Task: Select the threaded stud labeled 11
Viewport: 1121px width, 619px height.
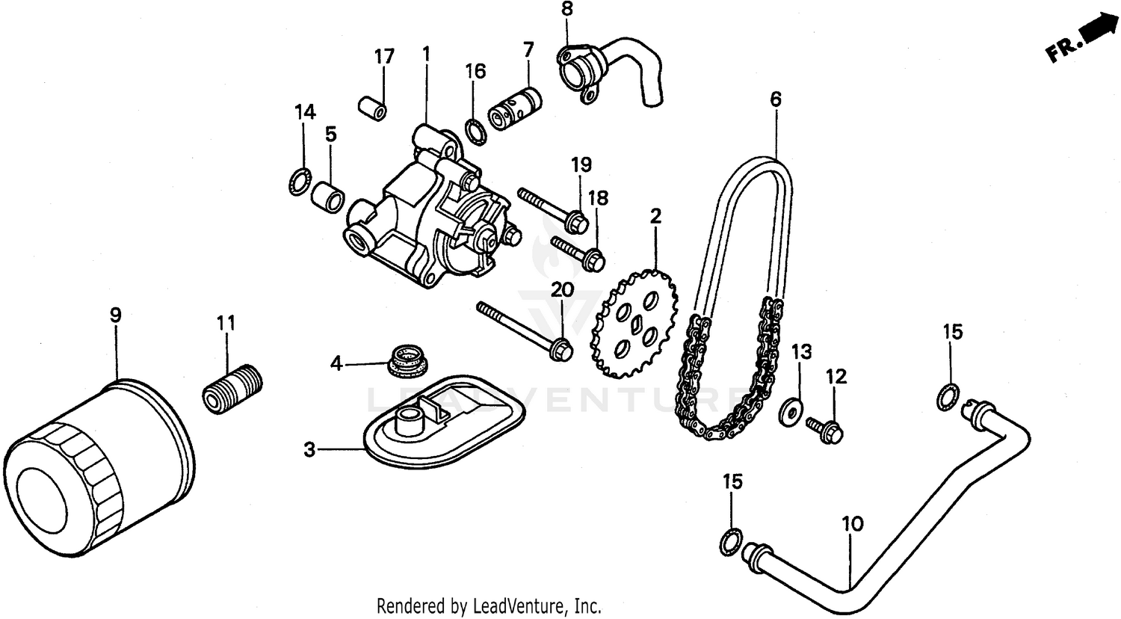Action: (x=232, y=388)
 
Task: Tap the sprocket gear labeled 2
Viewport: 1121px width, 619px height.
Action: (x=635, y=324)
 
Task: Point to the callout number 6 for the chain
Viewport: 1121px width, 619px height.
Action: (x=776, y=99)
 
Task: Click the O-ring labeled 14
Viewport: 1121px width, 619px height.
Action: (x=300, y=181)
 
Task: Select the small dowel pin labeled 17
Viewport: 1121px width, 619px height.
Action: (x=373, y=107)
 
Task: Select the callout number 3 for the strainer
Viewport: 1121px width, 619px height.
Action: (x=309, y=450)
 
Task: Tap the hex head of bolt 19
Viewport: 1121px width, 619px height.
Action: (x=578, y=221)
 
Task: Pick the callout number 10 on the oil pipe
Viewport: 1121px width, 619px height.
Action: (x=852, y=523)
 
